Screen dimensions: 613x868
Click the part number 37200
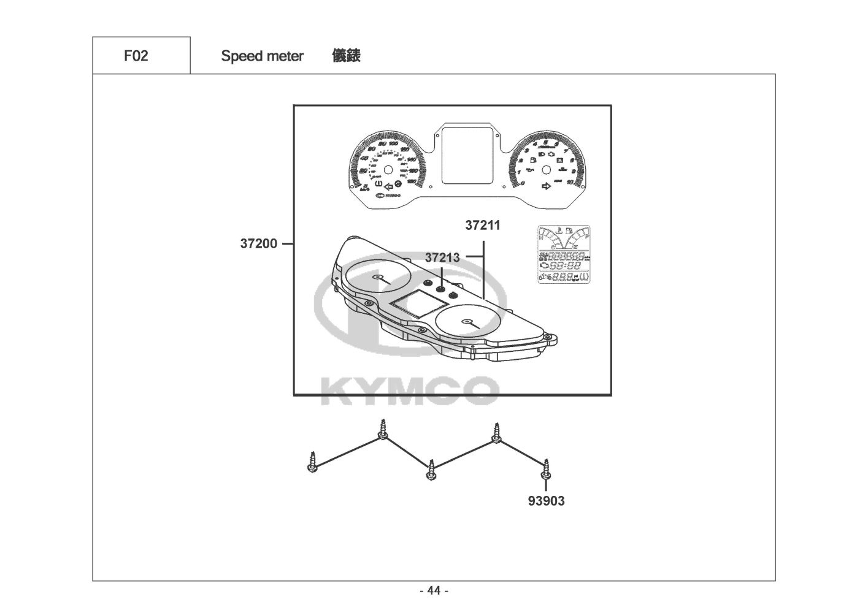(258, 244)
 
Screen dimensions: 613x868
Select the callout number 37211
(482, 226)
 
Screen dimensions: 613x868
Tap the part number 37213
(442, 258)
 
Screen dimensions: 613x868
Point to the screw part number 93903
(546, 501)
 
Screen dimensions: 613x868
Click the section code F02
(136, 56)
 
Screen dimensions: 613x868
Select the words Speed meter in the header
(262, 56)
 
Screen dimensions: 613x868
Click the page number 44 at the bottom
(434, 591)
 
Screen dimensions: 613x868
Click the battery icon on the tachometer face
(559, 161)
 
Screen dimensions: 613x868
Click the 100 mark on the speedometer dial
(393, 145)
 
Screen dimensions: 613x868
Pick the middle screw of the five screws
(432, 471)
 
